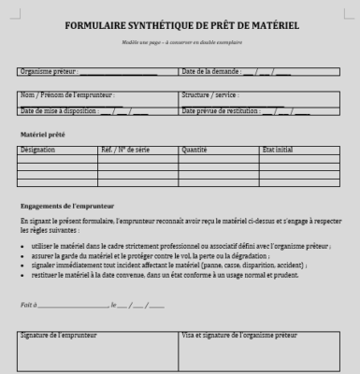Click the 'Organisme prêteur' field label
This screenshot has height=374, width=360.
(x=51, y=71)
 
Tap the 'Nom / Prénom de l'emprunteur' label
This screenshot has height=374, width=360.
(x=67, y=94)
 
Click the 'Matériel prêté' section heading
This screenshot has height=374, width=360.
(x=42, y=135)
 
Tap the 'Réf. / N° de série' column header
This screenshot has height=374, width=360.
(x=124, y=150)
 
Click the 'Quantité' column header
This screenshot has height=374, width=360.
(x=194, y=150)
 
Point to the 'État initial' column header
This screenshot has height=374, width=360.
(x=278, y=150)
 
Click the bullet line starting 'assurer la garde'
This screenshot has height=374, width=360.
(x=150, y=255)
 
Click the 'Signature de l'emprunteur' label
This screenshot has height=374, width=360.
(x=58, y=334)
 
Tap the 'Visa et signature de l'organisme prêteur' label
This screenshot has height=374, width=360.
(x=238, y=334)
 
